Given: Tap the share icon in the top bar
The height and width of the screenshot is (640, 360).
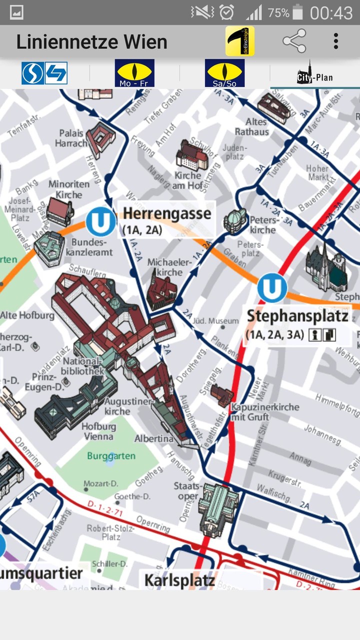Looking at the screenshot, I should tap(294, 41).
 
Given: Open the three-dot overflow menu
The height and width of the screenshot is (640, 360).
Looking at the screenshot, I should tap(336, 41).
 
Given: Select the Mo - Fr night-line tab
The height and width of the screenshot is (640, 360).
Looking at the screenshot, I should tap(134, 73).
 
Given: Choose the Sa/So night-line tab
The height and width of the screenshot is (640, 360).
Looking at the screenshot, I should tap(224, 73).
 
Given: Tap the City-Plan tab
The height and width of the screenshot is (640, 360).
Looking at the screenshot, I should tap(314, 74).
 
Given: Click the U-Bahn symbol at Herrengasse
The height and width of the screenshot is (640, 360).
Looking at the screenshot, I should tap(100, 222).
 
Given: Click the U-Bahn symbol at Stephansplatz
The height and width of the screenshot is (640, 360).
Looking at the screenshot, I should tap(272, 288).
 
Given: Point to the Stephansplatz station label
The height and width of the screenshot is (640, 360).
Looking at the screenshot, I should tap(297, 316).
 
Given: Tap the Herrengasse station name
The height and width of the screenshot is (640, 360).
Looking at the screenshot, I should tap(167, 213).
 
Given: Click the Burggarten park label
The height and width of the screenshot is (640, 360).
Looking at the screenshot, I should tap(111, 456).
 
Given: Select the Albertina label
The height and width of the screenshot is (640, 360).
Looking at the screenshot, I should tap(154, 439).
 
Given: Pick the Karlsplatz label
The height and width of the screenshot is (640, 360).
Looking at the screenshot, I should tap(179, 580).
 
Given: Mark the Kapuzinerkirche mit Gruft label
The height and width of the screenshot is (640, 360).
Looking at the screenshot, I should tap(265, 412).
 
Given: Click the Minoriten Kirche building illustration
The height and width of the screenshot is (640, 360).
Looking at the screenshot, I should tap(60, 210).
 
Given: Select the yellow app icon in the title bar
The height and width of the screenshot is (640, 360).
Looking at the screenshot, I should tap(240, 41).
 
